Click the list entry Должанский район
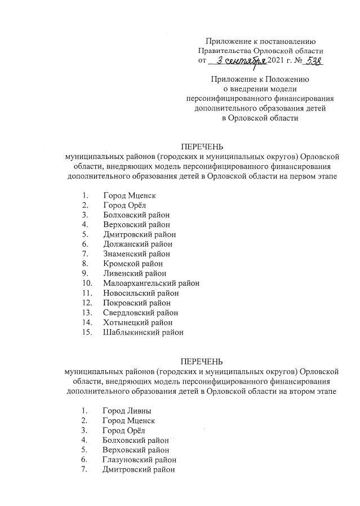pyautogui.click(x=137, y=244)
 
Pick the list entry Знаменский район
pyautogui.click(x=137, y=254)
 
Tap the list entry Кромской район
pyautogui.click(x=133, y=263)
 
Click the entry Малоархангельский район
pyautogui.click(x=151, y=283)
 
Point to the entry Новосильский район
pyautogui.click(x=141, y=292)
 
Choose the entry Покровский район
pyautogui.click(x=136, y=303)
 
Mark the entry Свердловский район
pyautogui.click(x=140, y=312)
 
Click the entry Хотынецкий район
pyautogui.click(x=137, y=322)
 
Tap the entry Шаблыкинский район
pyautogui.click(x=143, y=332)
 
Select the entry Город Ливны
pyautogui.click(x=127, y=411)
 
